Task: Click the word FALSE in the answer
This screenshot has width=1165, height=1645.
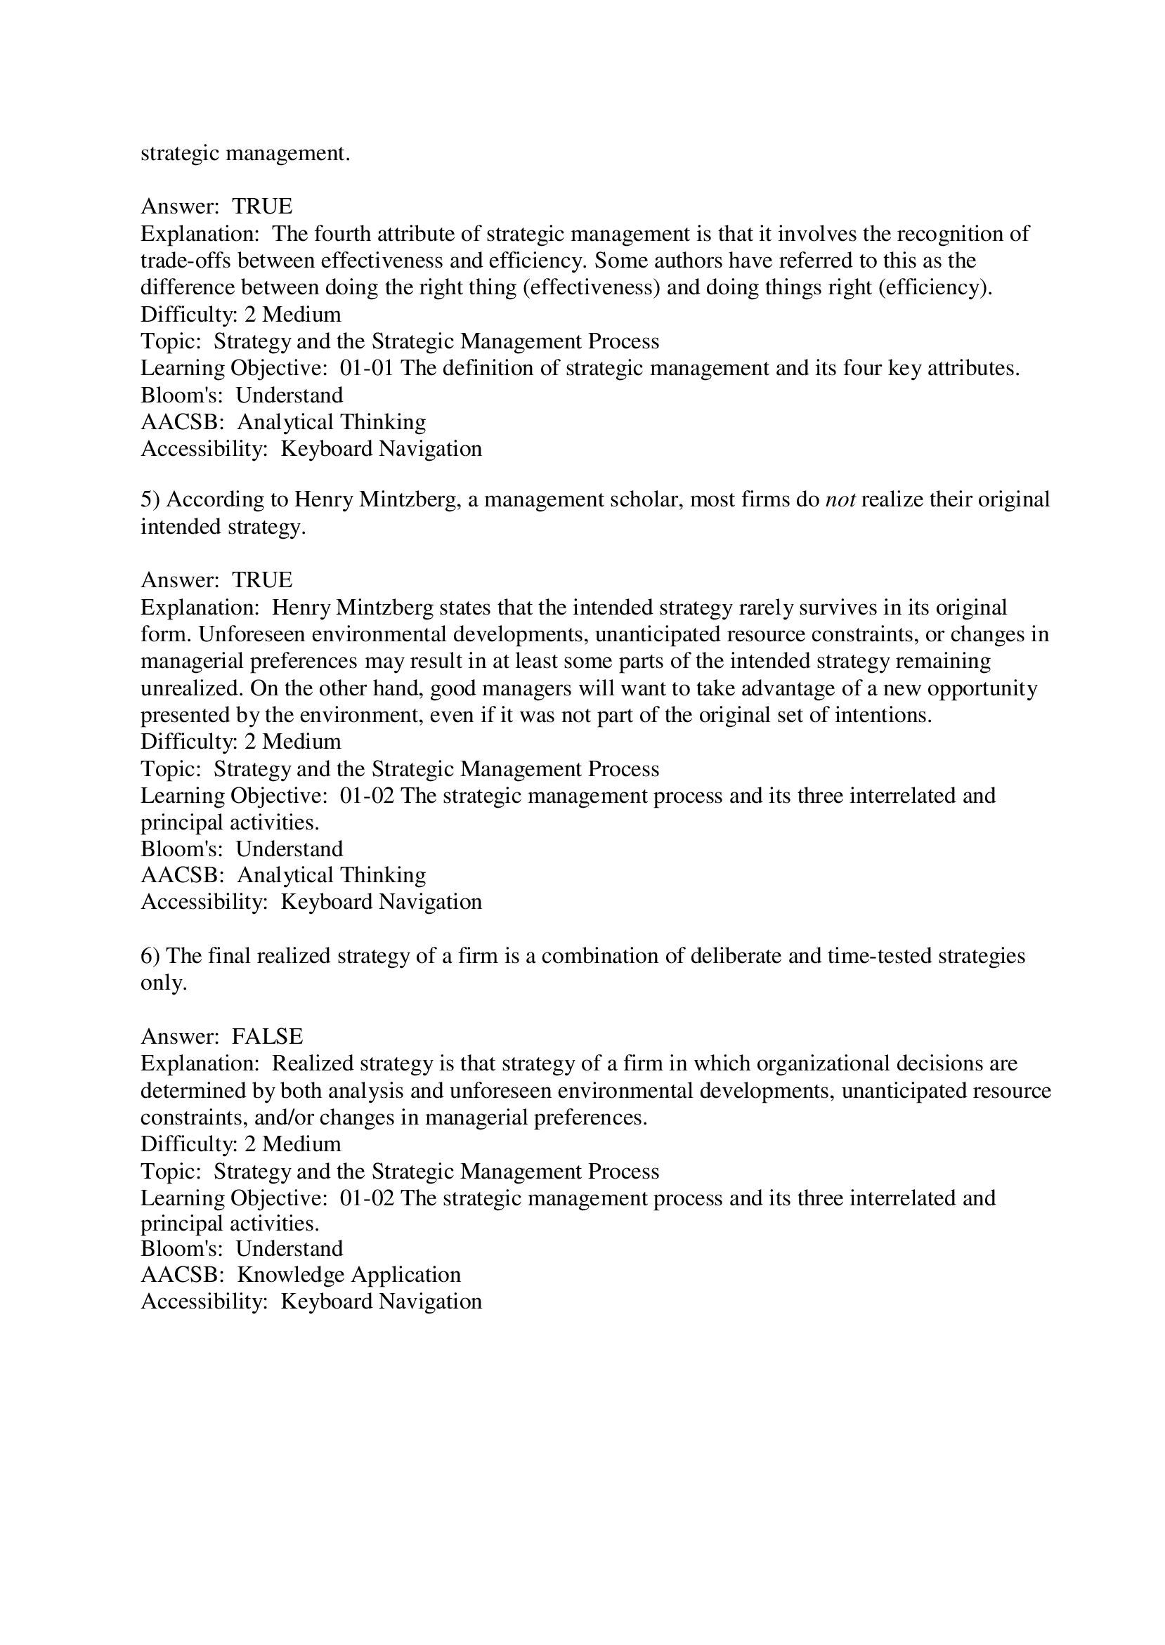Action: coord(267,1036)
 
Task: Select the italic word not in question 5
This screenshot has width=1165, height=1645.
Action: coord(840,499)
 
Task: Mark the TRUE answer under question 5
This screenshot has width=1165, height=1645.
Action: coord(262,579)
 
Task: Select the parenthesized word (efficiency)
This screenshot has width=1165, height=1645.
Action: coord(935,287)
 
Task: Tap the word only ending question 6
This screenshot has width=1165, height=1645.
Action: coord(164,983)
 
